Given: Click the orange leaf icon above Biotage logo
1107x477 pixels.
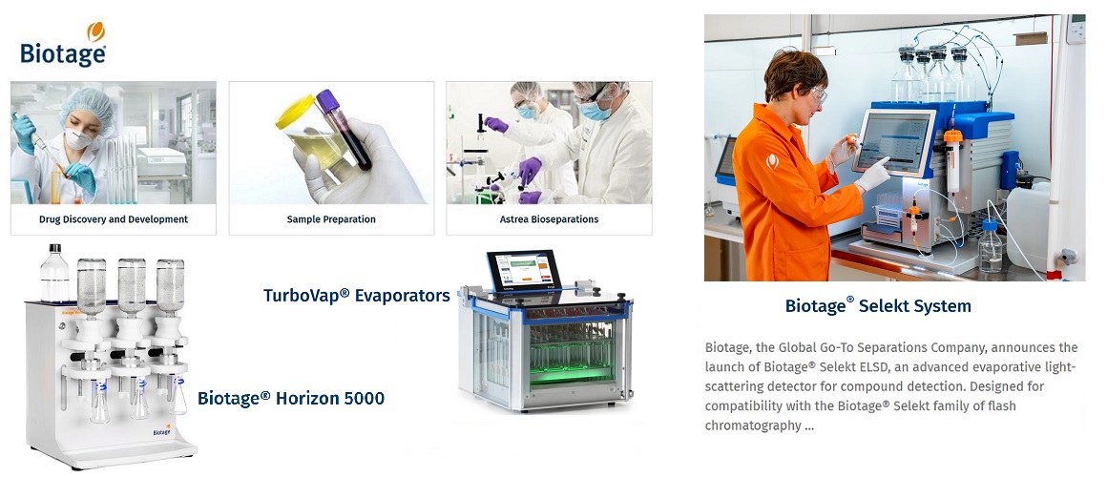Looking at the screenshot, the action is point(96,31).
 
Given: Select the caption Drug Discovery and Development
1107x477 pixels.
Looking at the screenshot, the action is point(114,219).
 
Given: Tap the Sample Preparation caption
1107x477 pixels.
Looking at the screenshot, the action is point(331,219).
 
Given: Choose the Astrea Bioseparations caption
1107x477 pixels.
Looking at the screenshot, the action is point(549,219).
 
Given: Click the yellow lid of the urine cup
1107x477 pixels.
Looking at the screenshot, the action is point(295,113).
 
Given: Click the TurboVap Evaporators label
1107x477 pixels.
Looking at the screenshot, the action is point(357,295).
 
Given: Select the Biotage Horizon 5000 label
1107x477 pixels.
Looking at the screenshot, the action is point(291,399).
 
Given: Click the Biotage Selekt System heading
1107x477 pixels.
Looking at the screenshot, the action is point(878,306).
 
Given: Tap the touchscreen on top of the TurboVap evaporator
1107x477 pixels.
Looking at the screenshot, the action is point(524,270).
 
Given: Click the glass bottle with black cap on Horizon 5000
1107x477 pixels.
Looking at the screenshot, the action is point(54,274).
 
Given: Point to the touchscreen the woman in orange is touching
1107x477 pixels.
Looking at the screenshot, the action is point(893,142).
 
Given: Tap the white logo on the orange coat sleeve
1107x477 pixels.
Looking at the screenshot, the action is point(773,161).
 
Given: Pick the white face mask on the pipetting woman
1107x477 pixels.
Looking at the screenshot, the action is point(77,138).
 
